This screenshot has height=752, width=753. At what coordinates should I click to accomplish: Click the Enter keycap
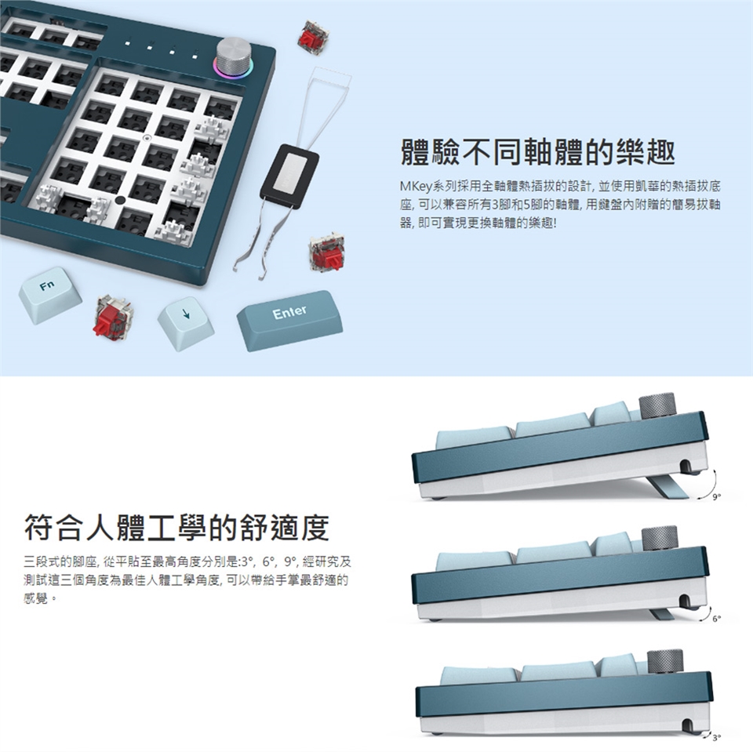pos(289,320)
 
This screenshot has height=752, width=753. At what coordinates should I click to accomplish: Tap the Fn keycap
pos(50,295)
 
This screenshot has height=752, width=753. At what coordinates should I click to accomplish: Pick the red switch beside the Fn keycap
pos(114,318)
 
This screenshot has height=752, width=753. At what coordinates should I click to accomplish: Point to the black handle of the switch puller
pos(289,176)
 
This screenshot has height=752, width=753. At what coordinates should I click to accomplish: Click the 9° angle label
pos(716,497)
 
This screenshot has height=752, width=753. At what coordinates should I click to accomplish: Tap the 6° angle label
pos(716,619)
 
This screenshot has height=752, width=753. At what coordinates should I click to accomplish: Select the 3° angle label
pos(716,738)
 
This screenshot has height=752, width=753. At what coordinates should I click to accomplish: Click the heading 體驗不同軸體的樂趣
pos(537,152)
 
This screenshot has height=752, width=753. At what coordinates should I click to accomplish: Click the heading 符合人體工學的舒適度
pos(176,527)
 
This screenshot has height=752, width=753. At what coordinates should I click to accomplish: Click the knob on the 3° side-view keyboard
pos(664,662)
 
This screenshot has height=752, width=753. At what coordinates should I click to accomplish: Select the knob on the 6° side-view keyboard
pos(659,539)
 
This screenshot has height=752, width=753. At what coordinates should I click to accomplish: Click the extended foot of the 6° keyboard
pos(661,613)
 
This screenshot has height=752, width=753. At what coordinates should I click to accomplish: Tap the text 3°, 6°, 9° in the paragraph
pos(268,561)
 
